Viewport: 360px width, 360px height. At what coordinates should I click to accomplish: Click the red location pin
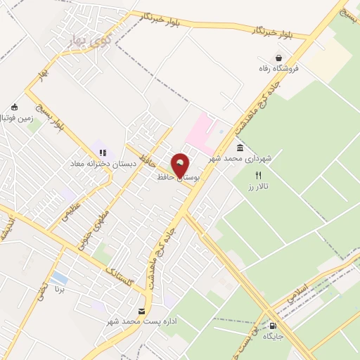click(x=181, y=166)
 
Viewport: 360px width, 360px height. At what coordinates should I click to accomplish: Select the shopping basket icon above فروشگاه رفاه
click(x=280, y=58)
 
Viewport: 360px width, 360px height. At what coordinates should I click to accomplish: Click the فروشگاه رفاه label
click(x=280, y=69)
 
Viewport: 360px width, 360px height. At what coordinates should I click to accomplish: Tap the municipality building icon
click(x=240, y=148)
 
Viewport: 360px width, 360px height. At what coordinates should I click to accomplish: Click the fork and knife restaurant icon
click(x=258, y=175)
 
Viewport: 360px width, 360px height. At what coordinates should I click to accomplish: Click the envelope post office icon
click(x=143, y=311)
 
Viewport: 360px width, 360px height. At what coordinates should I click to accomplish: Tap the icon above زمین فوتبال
click(x=14, y=108)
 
